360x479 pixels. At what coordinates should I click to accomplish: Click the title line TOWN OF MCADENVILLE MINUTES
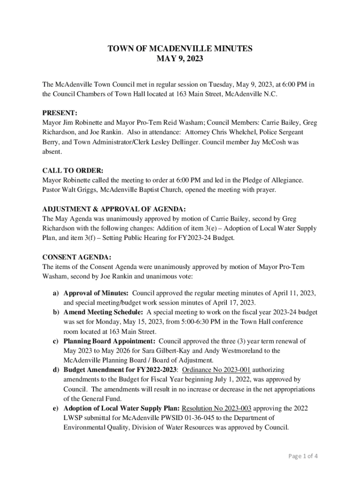coord(180,49)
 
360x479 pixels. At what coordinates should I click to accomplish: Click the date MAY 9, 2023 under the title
coord(180,59)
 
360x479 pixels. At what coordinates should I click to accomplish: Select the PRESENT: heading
coord(60,113)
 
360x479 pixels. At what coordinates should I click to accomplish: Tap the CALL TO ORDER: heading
coord(73,170)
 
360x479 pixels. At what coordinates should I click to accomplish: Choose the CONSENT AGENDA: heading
coord(77,257)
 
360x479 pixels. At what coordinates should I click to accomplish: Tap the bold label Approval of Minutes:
coord(96,293)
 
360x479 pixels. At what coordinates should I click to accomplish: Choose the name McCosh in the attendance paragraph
coord(273,142)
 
